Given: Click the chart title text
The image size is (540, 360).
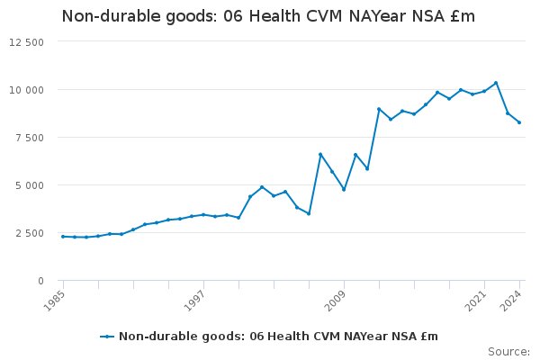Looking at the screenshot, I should [268, 16].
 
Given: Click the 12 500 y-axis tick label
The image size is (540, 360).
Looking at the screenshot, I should [26, 42].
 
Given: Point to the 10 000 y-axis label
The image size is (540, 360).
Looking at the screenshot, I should [26, 90].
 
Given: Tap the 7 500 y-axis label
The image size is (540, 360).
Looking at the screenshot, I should [29, 138].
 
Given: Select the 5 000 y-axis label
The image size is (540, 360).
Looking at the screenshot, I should [29, 185].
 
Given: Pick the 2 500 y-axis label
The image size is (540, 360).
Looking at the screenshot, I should [29, 233].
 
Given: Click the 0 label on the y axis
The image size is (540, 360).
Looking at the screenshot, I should [40, 281].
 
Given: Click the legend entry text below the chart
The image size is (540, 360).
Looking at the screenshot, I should [278, 337].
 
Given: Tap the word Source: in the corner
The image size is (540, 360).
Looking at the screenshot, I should [508, 351].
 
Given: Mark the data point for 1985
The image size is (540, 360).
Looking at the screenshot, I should [62, 237].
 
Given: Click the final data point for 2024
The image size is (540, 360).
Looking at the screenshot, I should [519, 122].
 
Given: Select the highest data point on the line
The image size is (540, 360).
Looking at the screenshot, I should [496, 83].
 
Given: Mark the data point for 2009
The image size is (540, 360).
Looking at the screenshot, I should [344, 189].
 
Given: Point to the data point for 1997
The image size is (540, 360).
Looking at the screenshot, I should [203, 214].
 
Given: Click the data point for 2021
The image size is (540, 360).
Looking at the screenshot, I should [484, 91].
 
